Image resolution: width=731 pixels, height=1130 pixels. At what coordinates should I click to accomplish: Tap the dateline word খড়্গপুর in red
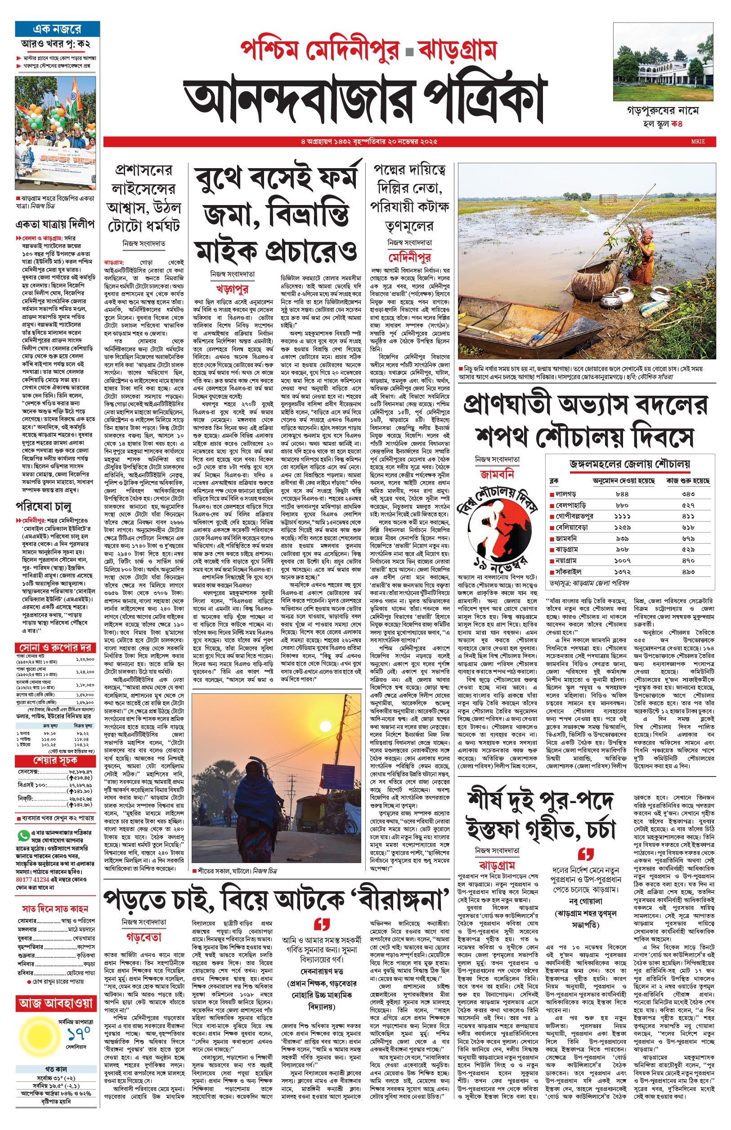coord(232,288)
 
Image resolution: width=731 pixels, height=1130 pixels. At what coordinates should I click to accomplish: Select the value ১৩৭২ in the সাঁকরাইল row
coord(622,572)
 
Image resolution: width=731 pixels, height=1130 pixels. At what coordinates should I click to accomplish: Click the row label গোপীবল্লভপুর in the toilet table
coord(574,516)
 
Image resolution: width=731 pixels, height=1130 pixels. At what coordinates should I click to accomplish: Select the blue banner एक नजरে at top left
coord(58,29)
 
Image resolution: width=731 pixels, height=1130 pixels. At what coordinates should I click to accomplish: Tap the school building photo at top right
coord(663,62)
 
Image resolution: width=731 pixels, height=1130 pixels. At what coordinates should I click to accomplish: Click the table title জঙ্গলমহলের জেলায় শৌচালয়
coord(630,464)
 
